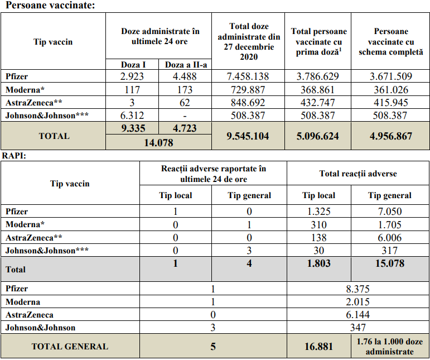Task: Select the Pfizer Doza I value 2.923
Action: coord(132,76)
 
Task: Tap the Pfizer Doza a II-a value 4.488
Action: coord(185,76)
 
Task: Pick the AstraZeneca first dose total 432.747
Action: coord(316,103)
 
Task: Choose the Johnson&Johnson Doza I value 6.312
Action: coord(132,116)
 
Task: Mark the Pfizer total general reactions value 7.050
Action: coord(390,212)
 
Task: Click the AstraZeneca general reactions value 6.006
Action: coord(390,237)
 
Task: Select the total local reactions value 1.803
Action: coord(320,263)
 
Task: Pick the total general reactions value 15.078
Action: coord(390,263)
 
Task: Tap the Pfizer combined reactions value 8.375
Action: coord(358,289)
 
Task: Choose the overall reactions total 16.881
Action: coord(320,347)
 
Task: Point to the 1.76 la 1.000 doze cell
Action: coord(390,347)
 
